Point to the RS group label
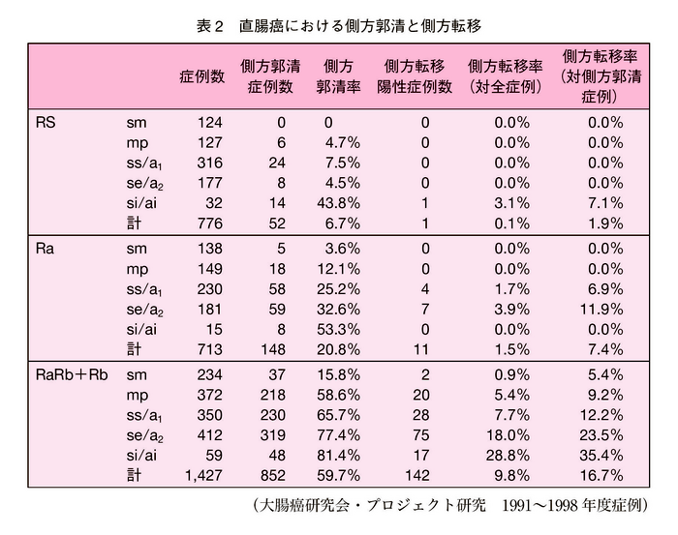click(x=45, y=123)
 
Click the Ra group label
click(x=45, y=249)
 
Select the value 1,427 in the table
click(x=202, y=475)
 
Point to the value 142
click(x=416, y=475)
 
